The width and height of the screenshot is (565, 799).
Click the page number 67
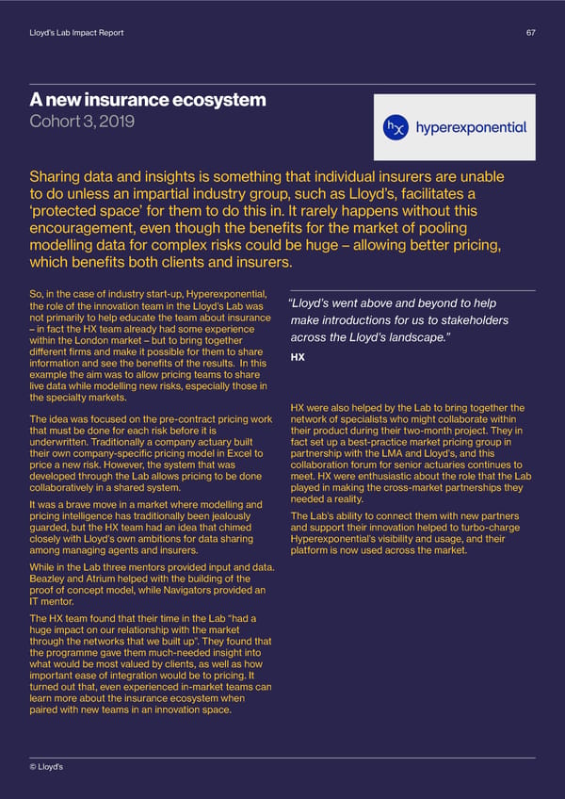pyautogui.click(x=530, y=34)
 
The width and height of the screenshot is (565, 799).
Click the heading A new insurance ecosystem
pyautogui.click(x=147, y=100)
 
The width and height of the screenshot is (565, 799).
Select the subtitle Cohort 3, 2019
pyautogui.click(x=82, y=122)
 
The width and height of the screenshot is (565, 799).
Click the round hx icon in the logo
pyautogui.click(x=396, y=126)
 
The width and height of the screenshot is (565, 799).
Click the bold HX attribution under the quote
pyautogui.click(x=298, y=358)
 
